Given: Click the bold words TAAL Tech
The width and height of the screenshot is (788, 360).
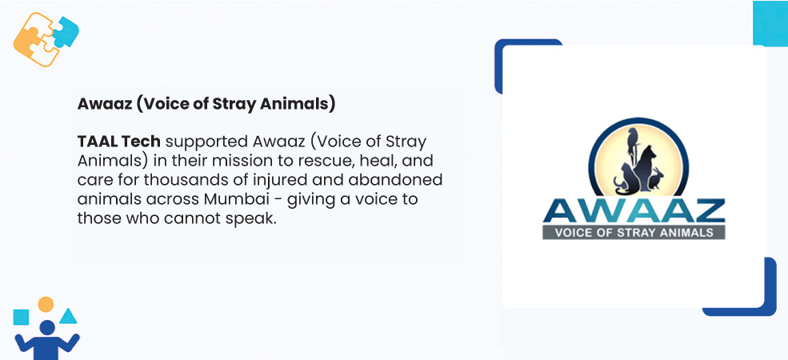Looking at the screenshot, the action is click(x=118, y=142).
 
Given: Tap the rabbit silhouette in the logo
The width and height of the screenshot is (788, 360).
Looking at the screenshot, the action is click(x=656, y=178).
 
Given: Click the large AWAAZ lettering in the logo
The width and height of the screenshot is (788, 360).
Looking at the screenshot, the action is click(x=634, y=212).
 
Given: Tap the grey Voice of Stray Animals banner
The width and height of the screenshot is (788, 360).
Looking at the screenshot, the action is click(x=634, y=232).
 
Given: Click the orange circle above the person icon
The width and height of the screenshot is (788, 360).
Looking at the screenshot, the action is click(x=46, y=304).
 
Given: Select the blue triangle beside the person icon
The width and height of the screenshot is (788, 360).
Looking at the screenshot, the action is click(x=68, y=316).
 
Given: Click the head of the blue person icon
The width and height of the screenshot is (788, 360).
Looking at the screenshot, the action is click(x=47, y=328).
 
